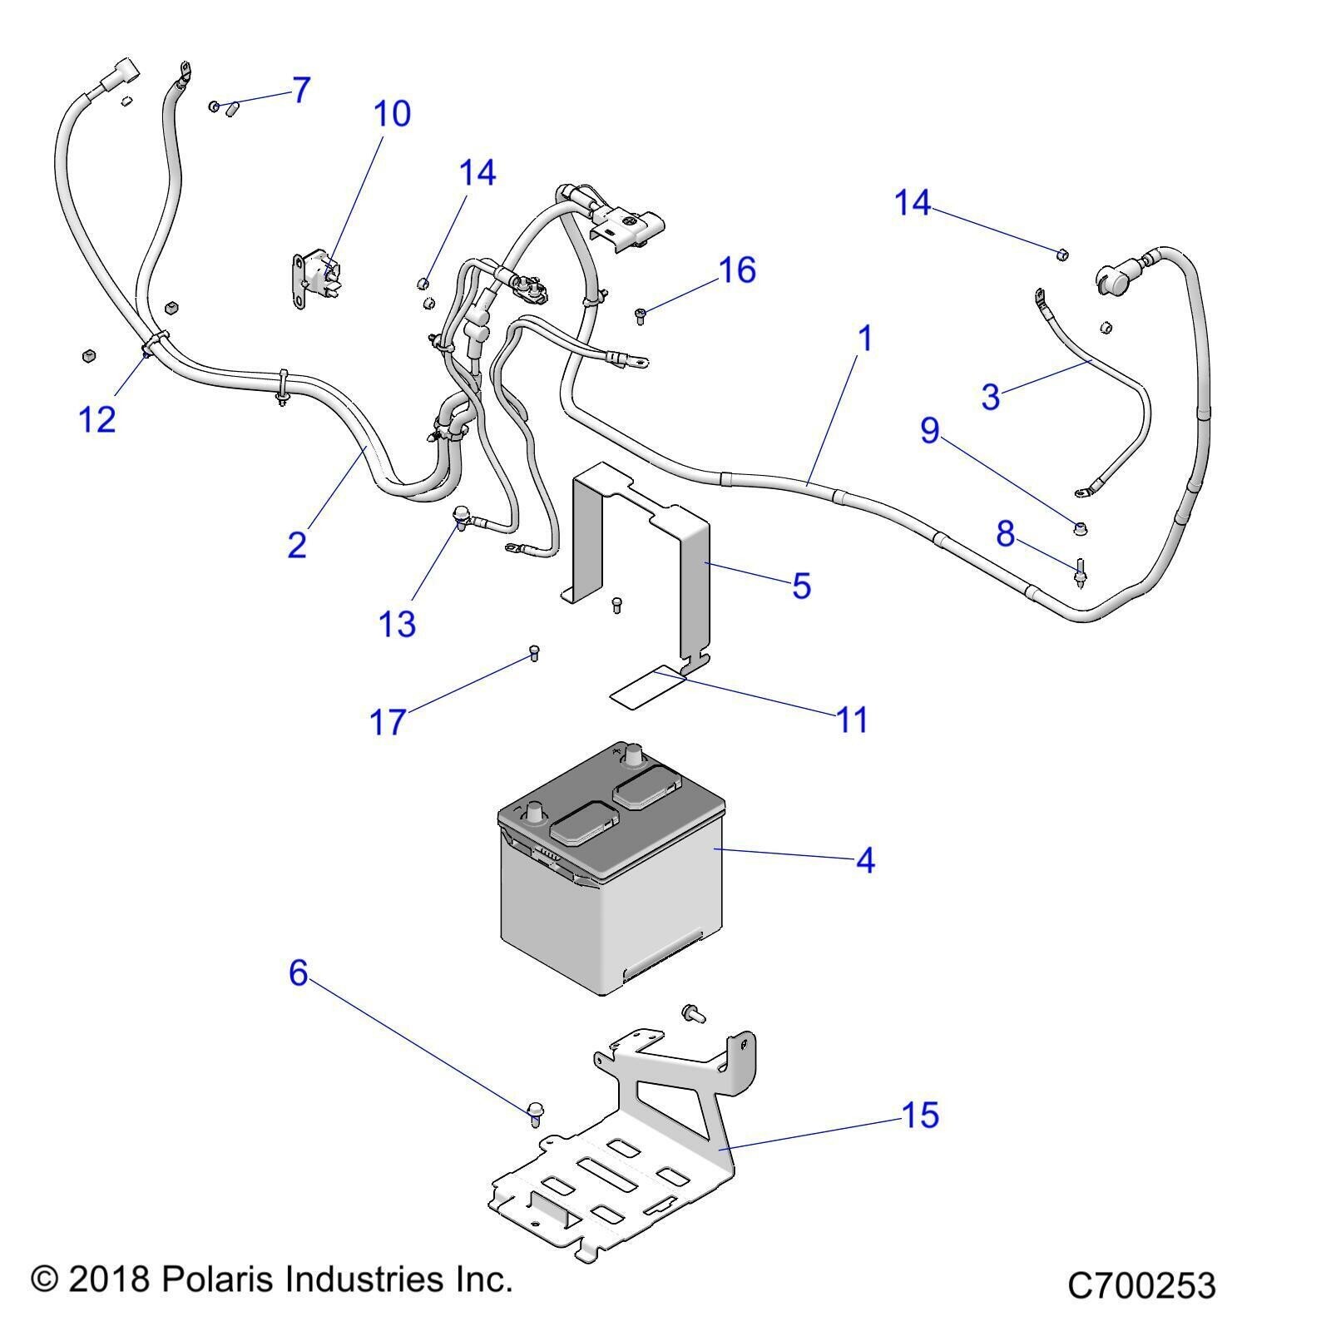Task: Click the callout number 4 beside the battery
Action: tap(865, 860)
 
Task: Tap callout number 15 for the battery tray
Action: tap(920, 1115)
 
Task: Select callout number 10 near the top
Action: tap(392, 113)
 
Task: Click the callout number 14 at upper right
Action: tap(912, 202)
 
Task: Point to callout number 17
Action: tap(387, 722)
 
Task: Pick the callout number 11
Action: tap(852, 720)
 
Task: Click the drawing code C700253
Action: tap(1141, 1285)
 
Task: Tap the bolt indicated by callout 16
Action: tap(641, 314)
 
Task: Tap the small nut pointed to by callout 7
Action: tap(215, 106)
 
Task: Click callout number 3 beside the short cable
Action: tap(990, 397)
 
